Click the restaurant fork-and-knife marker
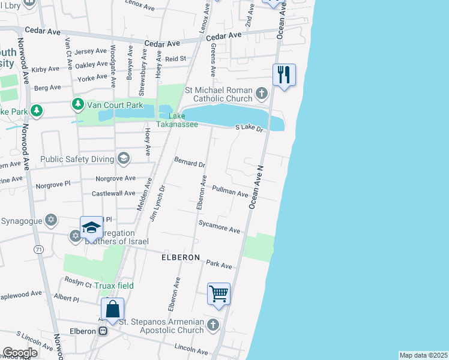[x=283, y=75]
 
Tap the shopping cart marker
[x=218, y=294]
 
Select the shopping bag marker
[x=112, y=309]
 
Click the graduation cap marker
[x=91, y=227]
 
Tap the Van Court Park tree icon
[x=77, y=105]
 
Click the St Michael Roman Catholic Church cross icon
[x=261, y=94]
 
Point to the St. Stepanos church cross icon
[x=213, y=325]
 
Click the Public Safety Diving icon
[x=124, y=159]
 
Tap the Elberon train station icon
[x=103, y=331]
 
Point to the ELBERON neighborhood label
[x=180, y=257]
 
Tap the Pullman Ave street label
[x=230, y=191]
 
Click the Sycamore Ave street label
[x=220, y=227]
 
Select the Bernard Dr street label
[x=190, y=162]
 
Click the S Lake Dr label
[x=250, y=128]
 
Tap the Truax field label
[x=113, y=286]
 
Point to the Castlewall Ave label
[x=113, y=193]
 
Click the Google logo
[x=19, y=353]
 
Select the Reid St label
[x=176, y=58]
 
